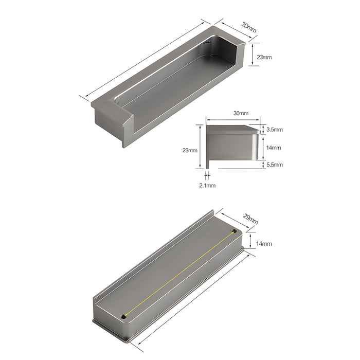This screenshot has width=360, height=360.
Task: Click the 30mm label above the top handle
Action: point(248,27)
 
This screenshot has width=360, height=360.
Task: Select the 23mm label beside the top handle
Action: point(264,57)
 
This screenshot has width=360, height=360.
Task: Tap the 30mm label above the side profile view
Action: point(241,113)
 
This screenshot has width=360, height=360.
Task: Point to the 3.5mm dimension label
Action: point(274,130)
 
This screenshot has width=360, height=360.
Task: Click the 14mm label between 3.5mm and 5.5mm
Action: point(274,148)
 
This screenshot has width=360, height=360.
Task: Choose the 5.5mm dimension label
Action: point(274,165)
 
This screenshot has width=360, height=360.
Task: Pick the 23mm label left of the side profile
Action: point(190,151)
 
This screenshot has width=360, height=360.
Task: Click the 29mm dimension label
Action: point(251,220)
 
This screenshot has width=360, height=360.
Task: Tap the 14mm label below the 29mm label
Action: point(264,243)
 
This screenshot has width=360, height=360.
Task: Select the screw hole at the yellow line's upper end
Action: point(234,232)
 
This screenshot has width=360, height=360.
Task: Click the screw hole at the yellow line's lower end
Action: point(123,315)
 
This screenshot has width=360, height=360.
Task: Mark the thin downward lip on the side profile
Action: point(207,162)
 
